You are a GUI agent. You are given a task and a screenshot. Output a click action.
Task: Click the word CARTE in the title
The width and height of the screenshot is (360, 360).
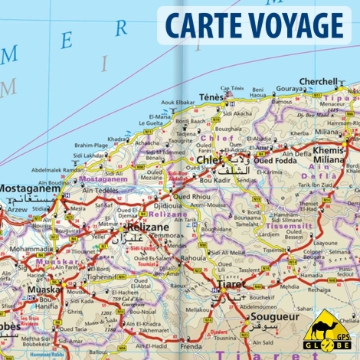200,25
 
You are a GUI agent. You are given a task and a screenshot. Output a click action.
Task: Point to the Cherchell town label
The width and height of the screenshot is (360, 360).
318,81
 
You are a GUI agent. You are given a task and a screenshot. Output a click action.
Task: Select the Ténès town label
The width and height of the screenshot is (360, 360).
211,98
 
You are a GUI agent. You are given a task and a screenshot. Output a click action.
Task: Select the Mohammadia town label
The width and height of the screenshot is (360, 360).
31,250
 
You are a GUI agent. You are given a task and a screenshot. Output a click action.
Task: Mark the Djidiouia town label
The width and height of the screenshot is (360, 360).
168,205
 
